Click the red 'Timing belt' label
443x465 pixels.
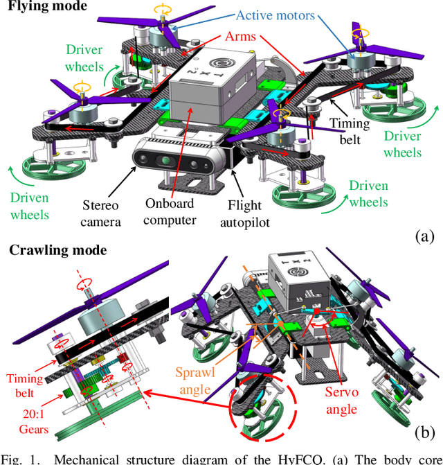pos(24,386)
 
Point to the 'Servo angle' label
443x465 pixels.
pos(341,399)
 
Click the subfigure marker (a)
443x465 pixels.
pos(424,236)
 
